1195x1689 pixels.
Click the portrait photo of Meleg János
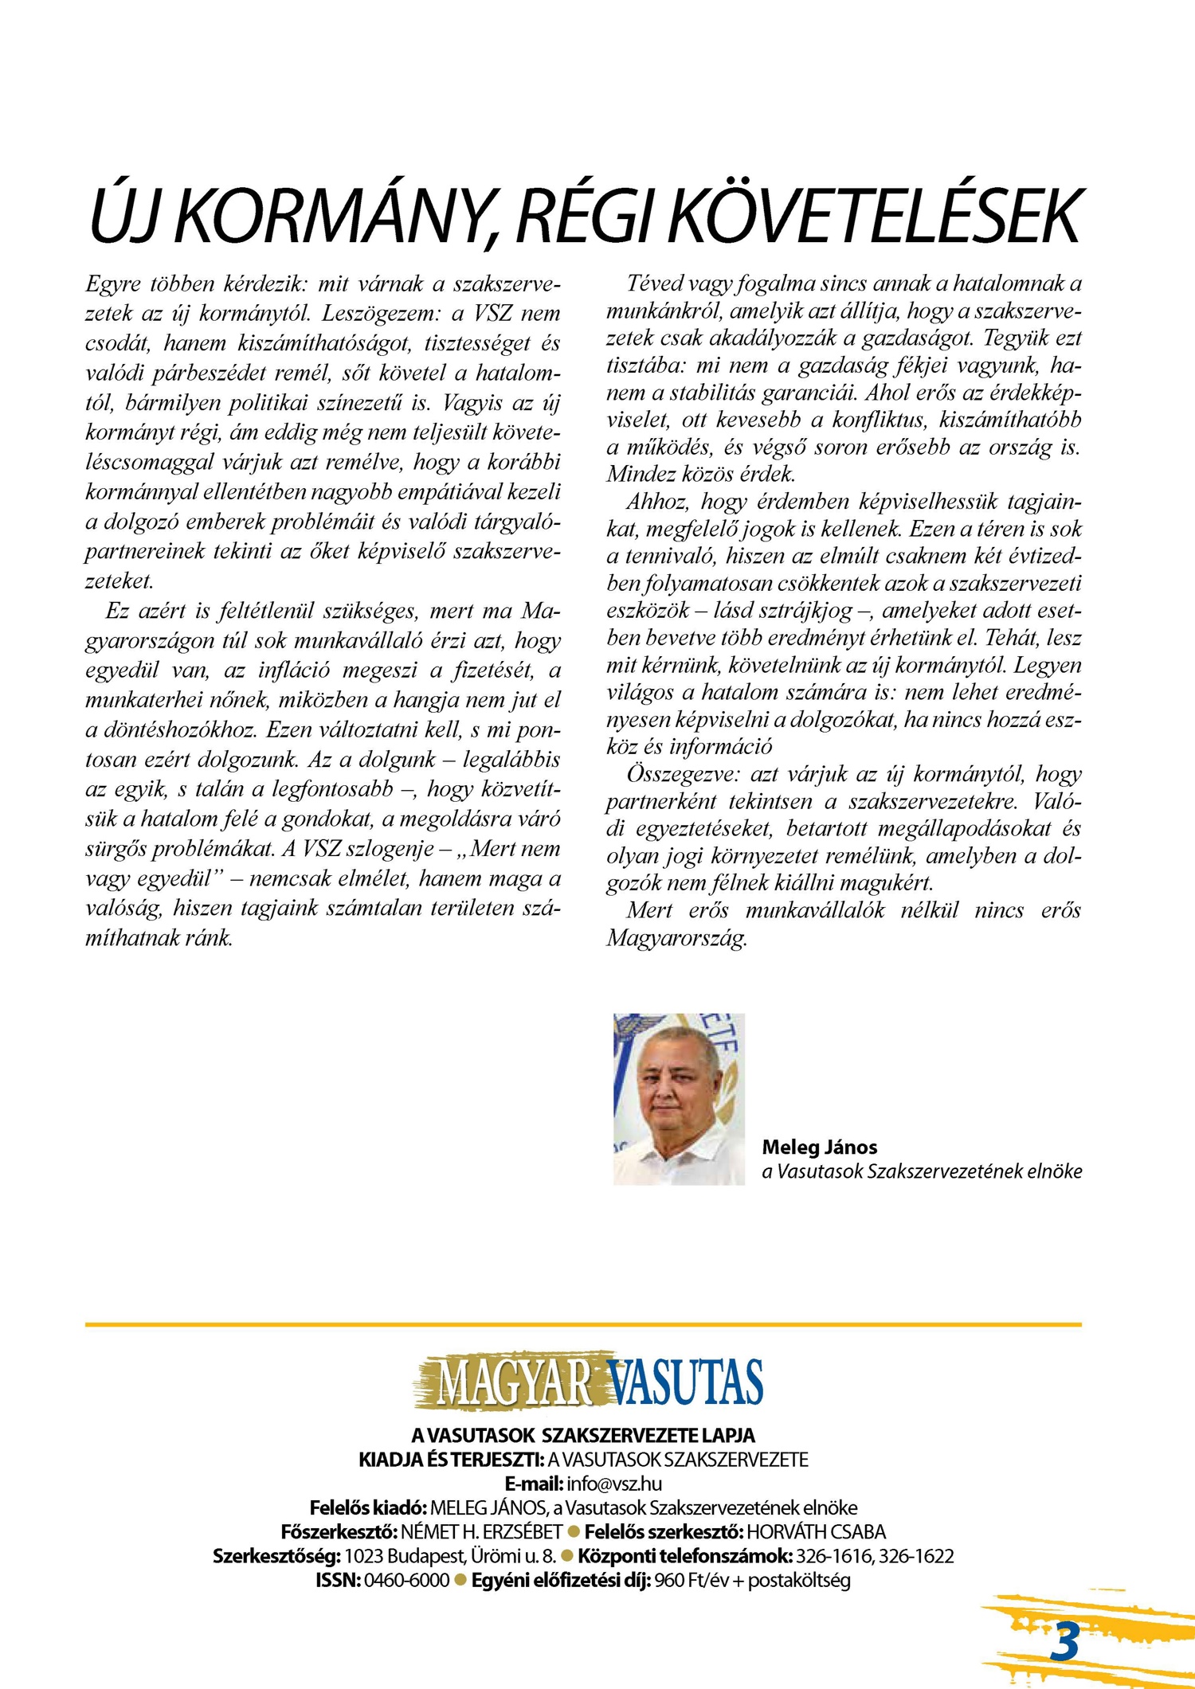[x=679, y=1099]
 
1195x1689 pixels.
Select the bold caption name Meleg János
[x=819, y=1148]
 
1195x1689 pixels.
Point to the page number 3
[x=1064, y=1642]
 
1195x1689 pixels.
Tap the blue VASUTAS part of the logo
[x=684, y=1383]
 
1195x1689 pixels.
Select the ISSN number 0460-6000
[x=406, y=1581]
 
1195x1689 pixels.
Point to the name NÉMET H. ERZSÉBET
[x=481, y=1532]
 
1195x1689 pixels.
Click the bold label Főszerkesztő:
[x=339, y=1532]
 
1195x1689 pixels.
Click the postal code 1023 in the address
[x=363, y=1556]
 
